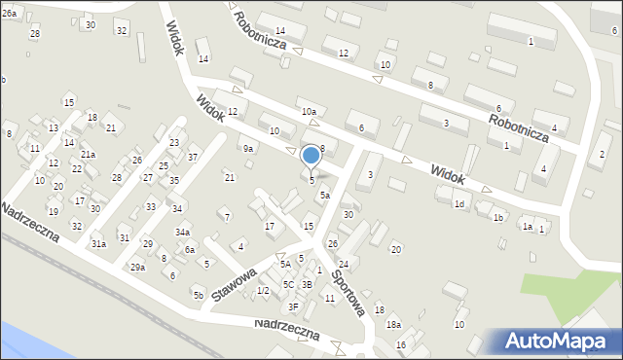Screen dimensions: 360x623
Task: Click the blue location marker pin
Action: point(311,156)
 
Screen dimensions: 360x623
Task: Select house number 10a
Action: point(309,112)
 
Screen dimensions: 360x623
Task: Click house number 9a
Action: point(248,149)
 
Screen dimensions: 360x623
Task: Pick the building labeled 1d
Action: point(459,203)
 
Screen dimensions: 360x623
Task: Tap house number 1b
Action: point(497,218)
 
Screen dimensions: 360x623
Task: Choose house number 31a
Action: point(99,244)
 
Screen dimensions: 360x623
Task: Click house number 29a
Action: point(138,267)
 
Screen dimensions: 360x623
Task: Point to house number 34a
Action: point(182,233)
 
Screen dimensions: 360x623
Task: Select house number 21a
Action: point(88,155)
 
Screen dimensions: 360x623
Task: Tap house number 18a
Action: point(393,325)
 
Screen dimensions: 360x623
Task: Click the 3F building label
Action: point(293,306)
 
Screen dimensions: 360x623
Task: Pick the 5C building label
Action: point(288,284)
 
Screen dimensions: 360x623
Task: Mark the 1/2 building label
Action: point(263,291)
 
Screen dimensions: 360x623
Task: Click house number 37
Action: point(193,158)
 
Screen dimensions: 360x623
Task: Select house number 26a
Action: point(9,13)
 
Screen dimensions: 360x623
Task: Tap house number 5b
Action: point(198,295)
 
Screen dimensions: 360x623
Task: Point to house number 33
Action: point(151,206)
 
